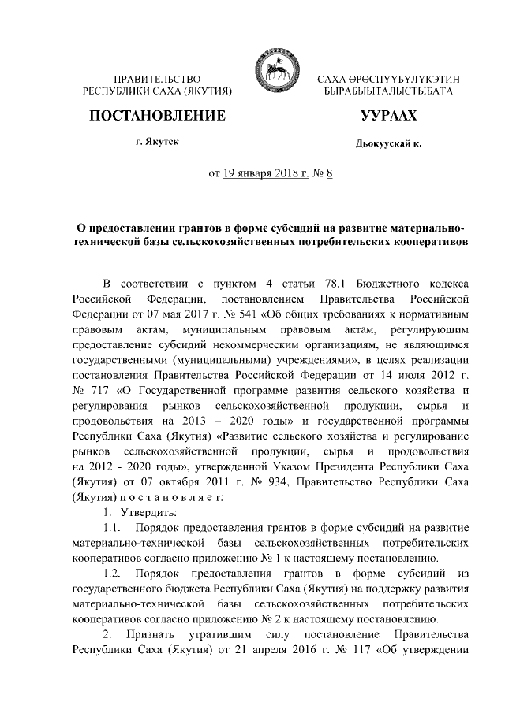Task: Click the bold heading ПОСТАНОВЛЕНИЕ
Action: pos(157,117)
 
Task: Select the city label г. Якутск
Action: pos(156,143)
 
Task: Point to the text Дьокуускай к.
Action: pos(389,145)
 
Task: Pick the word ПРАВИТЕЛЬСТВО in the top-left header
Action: pos(157,80)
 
